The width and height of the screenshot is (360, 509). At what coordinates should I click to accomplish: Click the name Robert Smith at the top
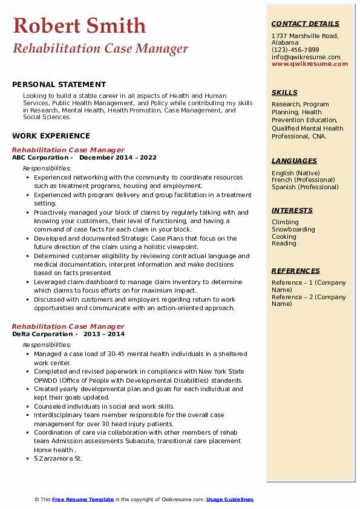(x=79, y=25)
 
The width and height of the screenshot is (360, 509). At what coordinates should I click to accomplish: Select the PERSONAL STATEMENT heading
(x=59, y=85)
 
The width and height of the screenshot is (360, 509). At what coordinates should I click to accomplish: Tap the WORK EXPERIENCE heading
(x=51, y=136)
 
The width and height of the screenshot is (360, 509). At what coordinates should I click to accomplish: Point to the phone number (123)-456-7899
(x=295, y=50)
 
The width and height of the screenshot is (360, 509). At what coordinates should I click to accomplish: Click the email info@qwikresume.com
(x=306, y=57)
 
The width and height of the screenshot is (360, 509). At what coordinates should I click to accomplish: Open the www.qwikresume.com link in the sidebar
(x=310, y=63)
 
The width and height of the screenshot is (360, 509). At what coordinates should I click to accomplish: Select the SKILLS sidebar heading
(x=284, y=92)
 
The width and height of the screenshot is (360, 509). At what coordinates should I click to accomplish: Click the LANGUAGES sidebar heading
(x=294, y=161)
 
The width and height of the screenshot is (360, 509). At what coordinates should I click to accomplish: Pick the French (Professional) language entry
(x=303, y=180)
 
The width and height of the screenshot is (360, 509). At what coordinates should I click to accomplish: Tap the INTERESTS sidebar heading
(x=292, y=210)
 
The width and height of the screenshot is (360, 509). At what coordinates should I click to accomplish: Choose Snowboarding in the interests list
(x=293, y=230)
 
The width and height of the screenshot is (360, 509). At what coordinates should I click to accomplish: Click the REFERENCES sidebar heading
(x=295, y=271)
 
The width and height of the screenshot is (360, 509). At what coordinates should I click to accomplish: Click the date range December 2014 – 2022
(x=118, y=158)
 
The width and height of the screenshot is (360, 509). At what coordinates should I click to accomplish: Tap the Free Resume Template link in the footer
(x=83, y=499)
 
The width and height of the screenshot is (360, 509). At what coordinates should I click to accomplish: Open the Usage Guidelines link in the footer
(x=230, y=499)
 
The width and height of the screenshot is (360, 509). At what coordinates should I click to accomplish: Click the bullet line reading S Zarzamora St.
(x=58, y=459)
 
